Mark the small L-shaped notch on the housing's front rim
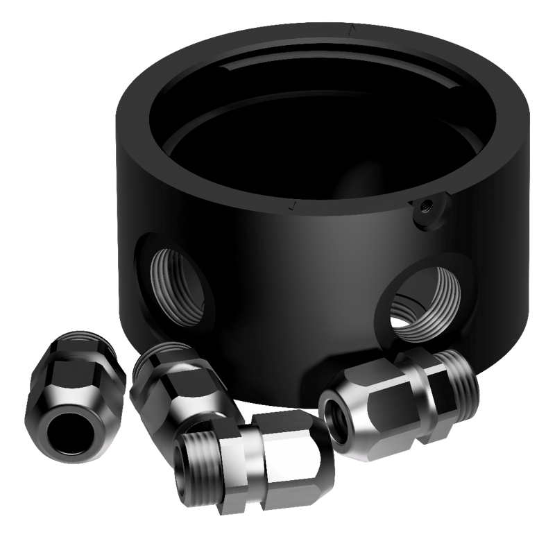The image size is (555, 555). click(293, 205)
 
